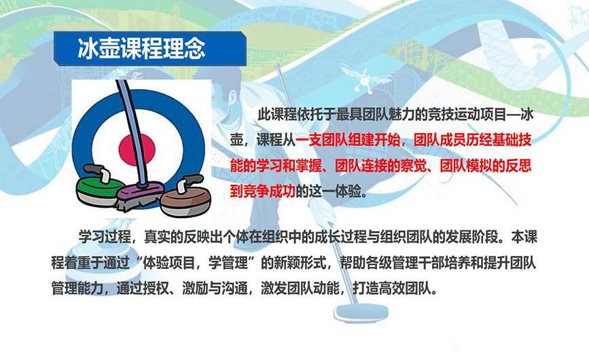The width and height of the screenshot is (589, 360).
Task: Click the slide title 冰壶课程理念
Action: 141,48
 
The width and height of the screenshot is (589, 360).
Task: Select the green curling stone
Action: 101,185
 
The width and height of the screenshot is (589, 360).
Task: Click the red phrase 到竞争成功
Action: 263,192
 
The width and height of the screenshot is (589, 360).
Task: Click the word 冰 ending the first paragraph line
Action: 526,115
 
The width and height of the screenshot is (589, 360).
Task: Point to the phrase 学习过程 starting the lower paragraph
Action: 105,237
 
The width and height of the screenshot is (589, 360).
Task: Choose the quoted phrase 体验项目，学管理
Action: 196,263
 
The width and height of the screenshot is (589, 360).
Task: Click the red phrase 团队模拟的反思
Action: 485,166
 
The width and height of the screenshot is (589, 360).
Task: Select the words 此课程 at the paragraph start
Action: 277,115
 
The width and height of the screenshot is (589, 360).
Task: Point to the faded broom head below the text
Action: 361,312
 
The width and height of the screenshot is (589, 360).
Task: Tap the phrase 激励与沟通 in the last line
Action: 215,289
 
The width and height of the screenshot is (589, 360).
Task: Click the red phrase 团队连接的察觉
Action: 380,166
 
